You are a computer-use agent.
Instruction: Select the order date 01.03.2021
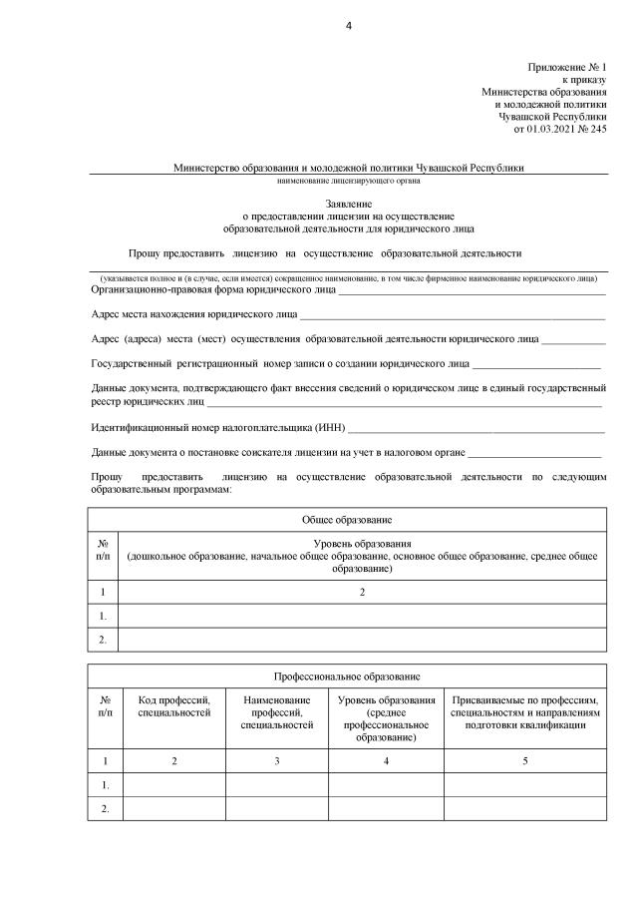coord(549,128)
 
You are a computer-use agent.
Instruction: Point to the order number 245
coord(597,128)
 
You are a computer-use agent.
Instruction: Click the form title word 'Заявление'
coord(349,203)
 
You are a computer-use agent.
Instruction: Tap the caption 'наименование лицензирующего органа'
coord(349,182)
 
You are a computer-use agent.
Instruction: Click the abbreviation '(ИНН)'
coord(329,428)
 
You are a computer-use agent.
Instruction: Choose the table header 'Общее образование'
coord(347,520)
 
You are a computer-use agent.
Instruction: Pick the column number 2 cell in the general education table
coord(362,592)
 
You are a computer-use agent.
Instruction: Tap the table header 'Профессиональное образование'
coord(347,676)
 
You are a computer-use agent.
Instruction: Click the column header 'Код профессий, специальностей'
coord(173,706)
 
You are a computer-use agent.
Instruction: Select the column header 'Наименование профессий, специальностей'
coord(276,712)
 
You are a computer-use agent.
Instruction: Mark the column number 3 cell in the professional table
coord(276,761)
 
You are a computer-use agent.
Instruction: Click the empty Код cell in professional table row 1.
coord(173,785)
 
